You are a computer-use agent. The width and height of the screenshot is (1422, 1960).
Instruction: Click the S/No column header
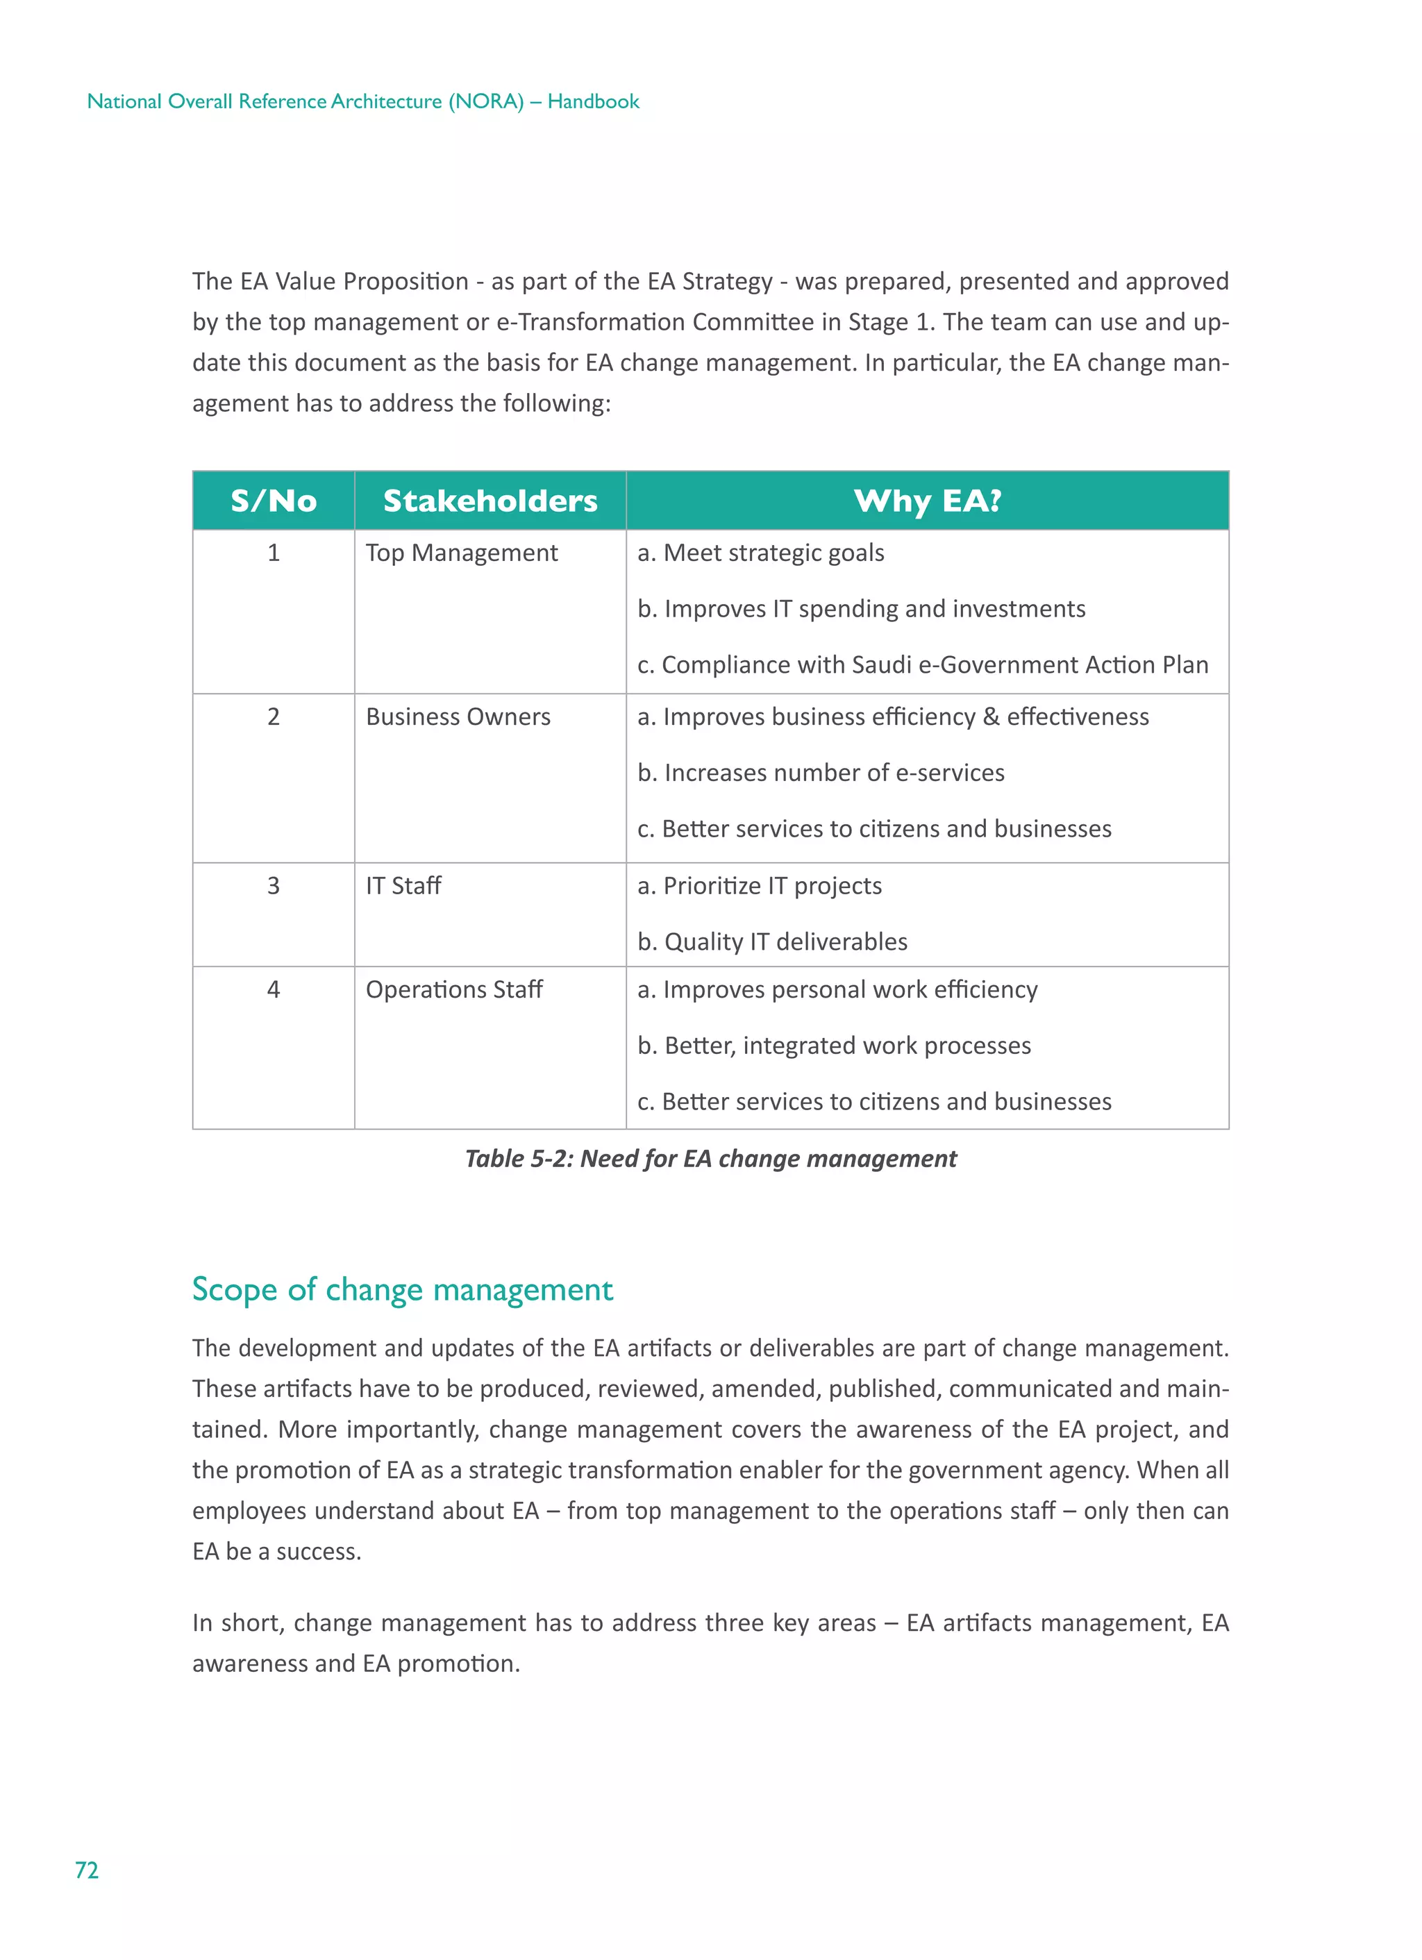pyautogui.click(x=273, y=501)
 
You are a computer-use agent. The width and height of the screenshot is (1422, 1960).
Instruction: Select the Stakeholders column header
pyautogui.click(x=490, y=501)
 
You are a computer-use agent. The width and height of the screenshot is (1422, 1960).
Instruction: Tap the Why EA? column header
pyautogui.click(x=927, y=501)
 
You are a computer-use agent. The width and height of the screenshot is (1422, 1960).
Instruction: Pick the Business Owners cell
pyautogui.click(x=458, y=717)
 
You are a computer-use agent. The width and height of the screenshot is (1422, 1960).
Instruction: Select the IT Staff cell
pyautogui.click(x=403, y=885)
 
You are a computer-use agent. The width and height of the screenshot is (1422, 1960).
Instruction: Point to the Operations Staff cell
pyautogui.click(x=454, y=989)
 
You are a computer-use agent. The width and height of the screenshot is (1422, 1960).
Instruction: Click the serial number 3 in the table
pyautogui.click(x=273, y=885)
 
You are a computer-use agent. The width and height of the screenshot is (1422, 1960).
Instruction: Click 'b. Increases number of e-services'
pyautogui.click(x=820, y=773)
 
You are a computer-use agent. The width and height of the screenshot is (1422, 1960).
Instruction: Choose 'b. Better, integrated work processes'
pyautogui.click(x=833, y=1046)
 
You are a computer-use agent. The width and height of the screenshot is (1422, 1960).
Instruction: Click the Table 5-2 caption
pyautogui.click(x=710, y=1158)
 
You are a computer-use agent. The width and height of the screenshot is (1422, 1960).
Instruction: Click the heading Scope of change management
pyautogui.click(x=402, y=1289)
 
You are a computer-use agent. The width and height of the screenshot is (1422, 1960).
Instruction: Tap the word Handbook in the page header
pyautogui.click(x=593, y=101)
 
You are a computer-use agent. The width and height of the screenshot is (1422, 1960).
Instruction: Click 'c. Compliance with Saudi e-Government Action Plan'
pyautogui.click(x=922, y=664)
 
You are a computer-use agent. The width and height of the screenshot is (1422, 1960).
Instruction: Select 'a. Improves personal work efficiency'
pyautogui.click(x=837, y=989)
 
